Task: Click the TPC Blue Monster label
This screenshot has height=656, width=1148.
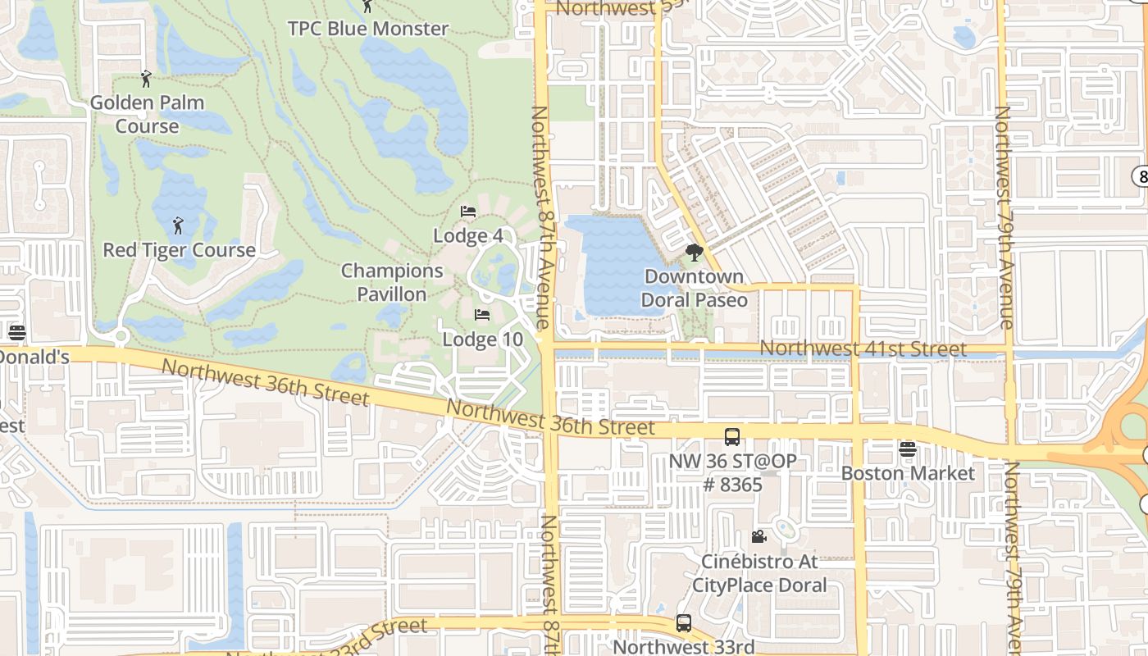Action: tap(368, 29)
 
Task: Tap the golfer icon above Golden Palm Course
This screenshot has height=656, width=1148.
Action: tap(147, 79)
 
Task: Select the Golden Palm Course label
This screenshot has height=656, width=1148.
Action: tap(147, 114)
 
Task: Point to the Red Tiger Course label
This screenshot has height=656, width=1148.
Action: tap(179, 250)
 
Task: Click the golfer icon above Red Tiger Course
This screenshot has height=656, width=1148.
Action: tap(178, 225)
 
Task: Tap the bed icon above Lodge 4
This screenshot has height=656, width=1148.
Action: tap(467, 212)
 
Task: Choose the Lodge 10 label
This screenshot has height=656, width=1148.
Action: tap(482, 339)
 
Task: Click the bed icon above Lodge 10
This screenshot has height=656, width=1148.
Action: tap(482, 315)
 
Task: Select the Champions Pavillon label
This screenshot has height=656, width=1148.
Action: tap(392, 282)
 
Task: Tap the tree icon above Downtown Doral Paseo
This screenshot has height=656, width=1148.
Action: tap(695, 253)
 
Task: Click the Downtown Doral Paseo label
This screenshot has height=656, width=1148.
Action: tap(695, 288)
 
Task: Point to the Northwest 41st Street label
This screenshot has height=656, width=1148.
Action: tap(863, 348)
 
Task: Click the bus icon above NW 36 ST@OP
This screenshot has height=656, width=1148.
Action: tap(732, 437)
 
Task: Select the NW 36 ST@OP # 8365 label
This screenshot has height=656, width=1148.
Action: tap(732, 472)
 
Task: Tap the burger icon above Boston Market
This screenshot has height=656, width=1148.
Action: tap(907, 449)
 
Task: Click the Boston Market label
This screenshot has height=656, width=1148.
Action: tap(908, 474)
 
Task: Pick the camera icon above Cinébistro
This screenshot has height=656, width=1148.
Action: tap(759, 537)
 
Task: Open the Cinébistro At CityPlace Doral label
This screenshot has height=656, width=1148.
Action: tap(759, 573)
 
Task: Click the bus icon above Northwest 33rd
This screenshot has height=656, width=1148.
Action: tap(684, 623)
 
